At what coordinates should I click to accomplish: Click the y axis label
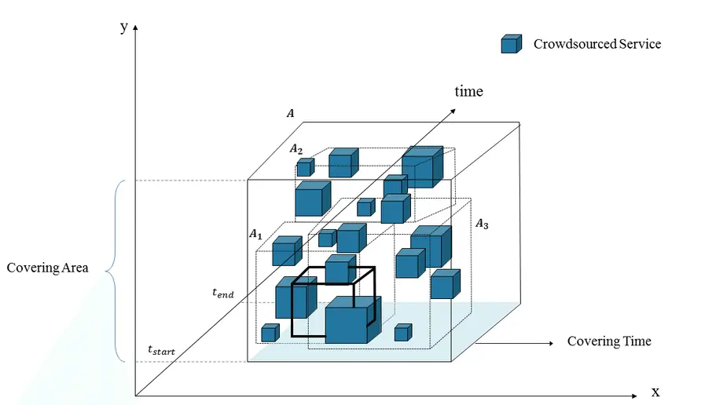tap(124, 26)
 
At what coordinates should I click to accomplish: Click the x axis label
tap(655, 391)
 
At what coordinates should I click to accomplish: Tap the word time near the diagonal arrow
tap(468, 92)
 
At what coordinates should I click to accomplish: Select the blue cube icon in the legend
tap(511, 45)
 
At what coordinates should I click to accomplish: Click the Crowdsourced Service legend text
tap(597, 44)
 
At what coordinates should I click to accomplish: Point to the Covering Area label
tap(47, 268)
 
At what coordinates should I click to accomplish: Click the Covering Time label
tap(609, 341)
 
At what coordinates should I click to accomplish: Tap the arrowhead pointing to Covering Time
tap(547, 342)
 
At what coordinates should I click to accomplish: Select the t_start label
tap(161, 349)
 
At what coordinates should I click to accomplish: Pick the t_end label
tap(222, 293)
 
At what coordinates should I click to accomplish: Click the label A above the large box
tap(291, 114)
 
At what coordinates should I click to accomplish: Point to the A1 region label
tap(255, 234)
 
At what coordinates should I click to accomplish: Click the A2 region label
tap(296, 148)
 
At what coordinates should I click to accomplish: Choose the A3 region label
tap(482, 224)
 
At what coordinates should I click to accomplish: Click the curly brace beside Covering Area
tap(112, 271)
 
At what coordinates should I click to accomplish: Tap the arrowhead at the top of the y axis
tap(135, 27)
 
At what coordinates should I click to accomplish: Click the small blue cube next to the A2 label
tap(304, 167)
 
